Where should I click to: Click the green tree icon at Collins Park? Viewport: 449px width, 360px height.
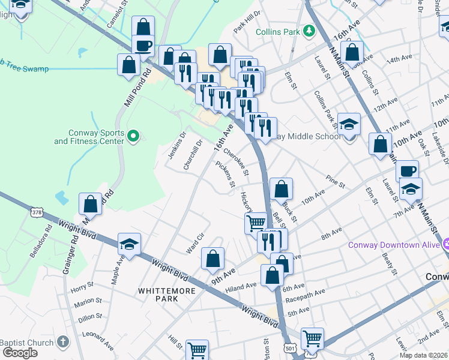tap(309, 31)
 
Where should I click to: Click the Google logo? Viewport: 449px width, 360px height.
tap(20, 353)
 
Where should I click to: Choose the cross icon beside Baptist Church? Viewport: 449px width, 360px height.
tap(63, 343)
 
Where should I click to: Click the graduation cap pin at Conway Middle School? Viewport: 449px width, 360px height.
tap(349, 125)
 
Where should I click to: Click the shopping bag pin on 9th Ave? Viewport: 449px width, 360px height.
tap(213, 259)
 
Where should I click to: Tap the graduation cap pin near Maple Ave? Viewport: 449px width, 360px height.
tap(129, 244)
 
